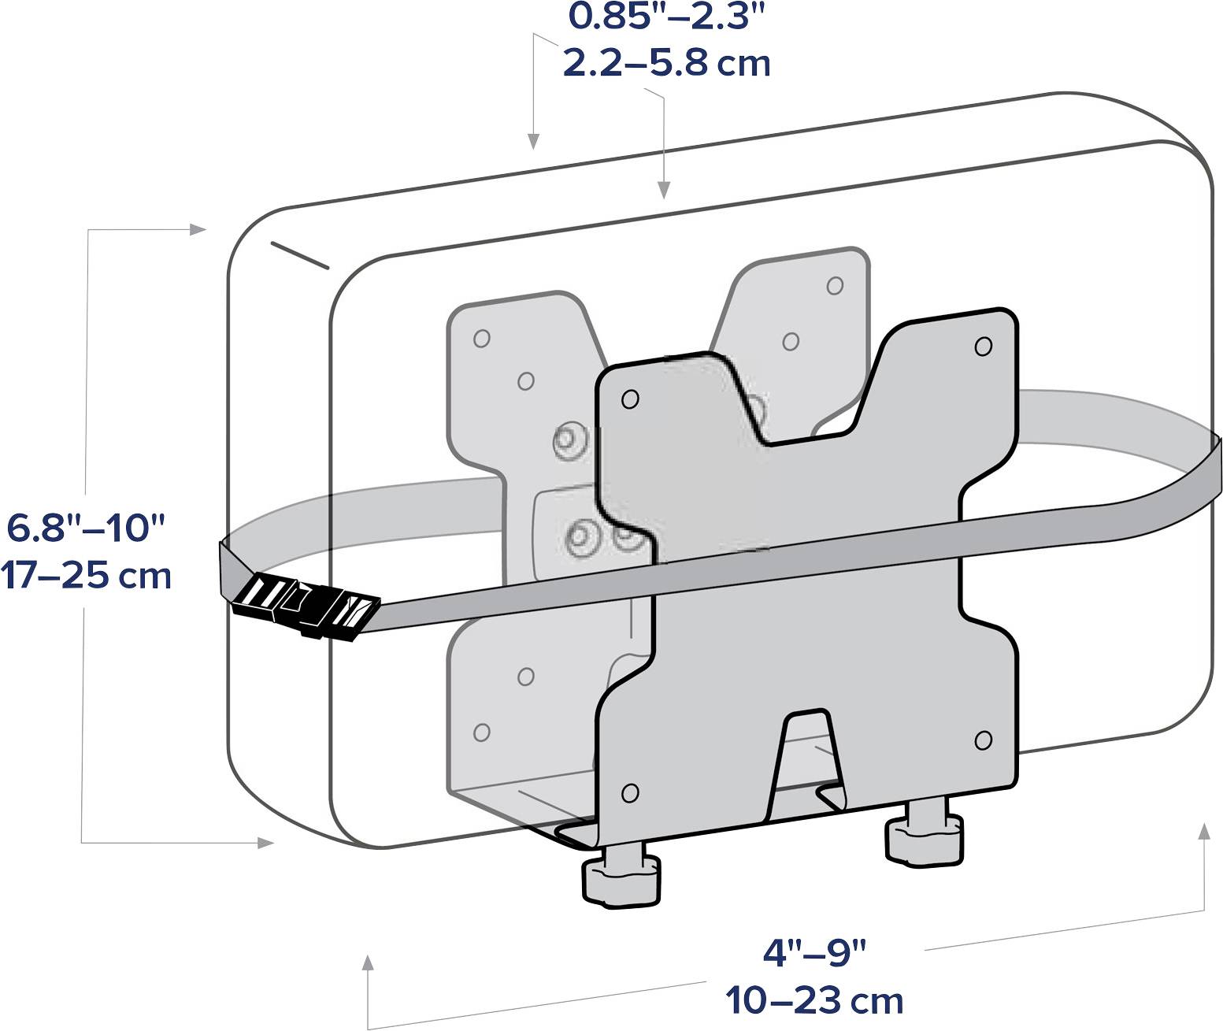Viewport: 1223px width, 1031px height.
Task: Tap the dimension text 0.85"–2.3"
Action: [x=666, y=16]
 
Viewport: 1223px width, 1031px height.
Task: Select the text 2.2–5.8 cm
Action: [x=666, y=64]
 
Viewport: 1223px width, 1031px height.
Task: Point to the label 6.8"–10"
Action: [x=86, y=528]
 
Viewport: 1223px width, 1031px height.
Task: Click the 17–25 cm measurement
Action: [x=86, y=576]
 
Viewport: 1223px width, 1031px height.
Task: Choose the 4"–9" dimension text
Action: [x=814, y=952]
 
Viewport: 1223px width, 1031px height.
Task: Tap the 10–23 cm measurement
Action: [x=814, y=1000]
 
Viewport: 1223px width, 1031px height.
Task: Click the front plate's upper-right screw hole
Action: [x=984, y=347]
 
